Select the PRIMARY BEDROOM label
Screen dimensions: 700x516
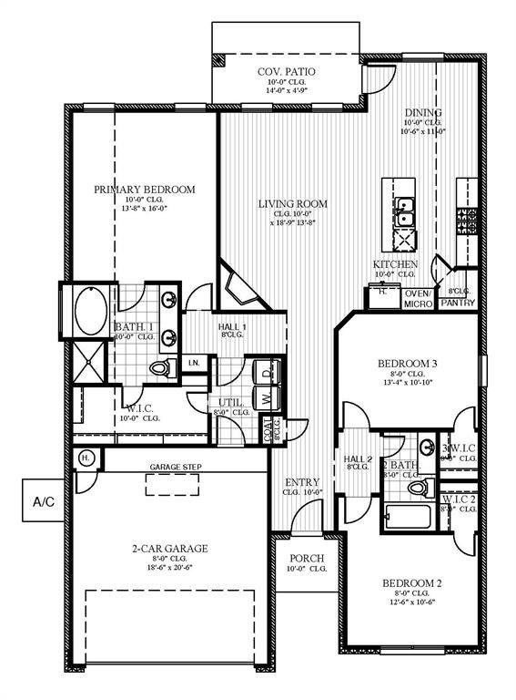click(144, 190)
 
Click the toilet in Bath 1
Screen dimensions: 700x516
click(162, 367)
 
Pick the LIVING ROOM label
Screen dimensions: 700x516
click(291, 204)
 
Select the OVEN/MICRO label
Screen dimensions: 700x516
click(418, 298)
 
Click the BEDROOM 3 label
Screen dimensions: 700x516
click(408, 364)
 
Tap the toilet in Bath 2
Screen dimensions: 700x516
click(416, 489)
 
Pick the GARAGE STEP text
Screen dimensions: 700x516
click(177, 468)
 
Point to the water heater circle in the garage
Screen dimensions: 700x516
click(86, 457)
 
